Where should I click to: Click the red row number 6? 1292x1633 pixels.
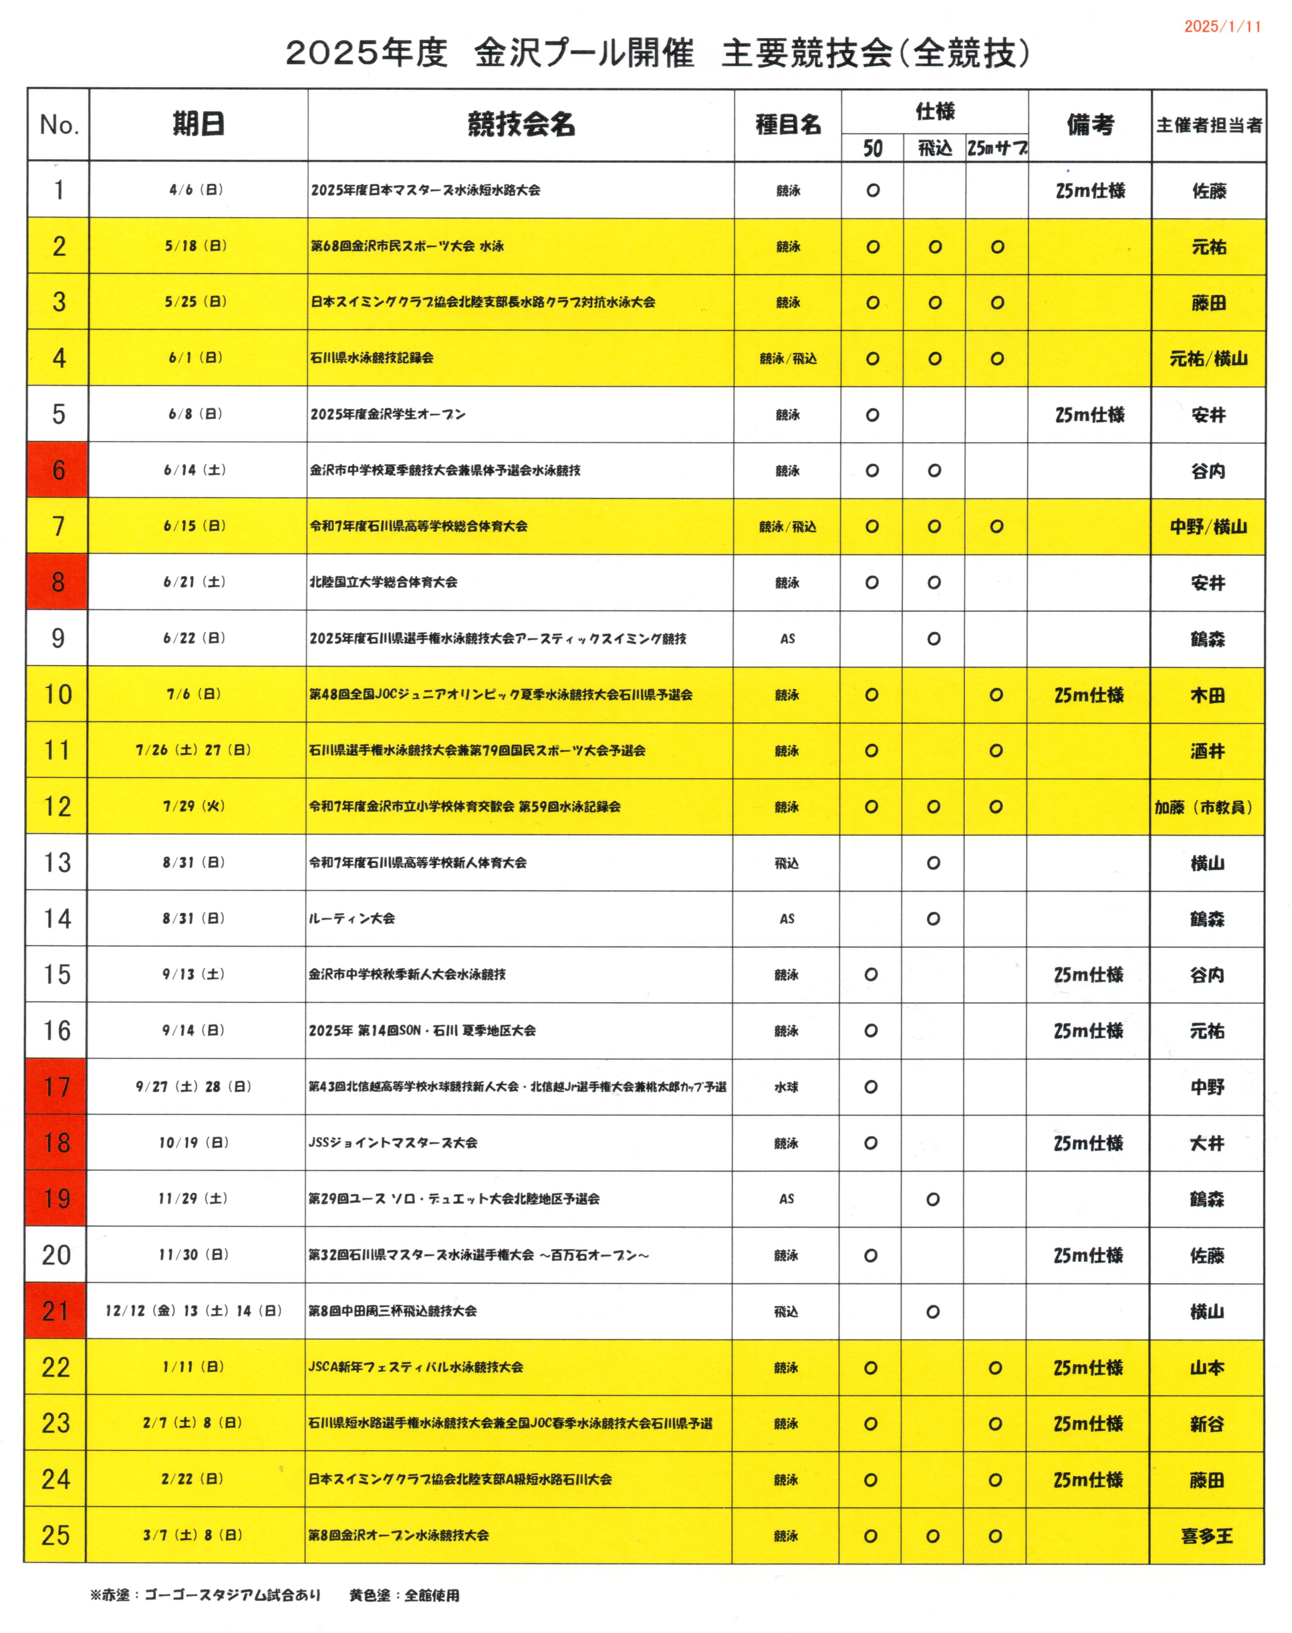tap(58, 470)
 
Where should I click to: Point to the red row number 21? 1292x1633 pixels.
tap(56, 1310)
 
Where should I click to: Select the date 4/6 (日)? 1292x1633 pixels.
tap(196, 190)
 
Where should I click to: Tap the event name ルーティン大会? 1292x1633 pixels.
tap(352, 918)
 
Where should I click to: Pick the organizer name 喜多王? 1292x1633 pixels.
tap(1206, 1536)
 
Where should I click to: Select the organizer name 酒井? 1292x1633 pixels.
tap(1207, 751)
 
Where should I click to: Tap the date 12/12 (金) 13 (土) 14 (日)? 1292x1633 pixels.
tap(194, 1310)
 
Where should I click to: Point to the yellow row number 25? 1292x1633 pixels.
tap(56, 1535)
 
